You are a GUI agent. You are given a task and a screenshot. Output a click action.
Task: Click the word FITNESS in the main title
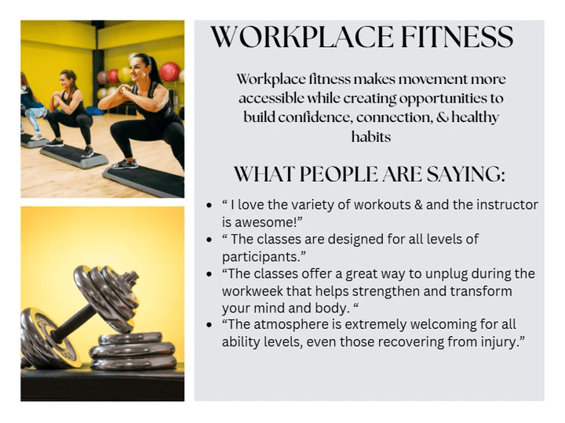457,37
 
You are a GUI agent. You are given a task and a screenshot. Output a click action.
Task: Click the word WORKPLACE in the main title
301,37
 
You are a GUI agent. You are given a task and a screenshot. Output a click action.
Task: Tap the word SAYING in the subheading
466,175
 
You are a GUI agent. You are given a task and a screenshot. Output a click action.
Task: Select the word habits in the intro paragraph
370,136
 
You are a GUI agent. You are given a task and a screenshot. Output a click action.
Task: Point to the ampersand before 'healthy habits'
443,117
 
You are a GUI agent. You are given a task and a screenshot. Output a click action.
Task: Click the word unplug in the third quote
446,274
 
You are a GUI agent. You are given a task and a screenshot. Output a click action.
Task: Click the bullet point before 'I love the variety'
209,205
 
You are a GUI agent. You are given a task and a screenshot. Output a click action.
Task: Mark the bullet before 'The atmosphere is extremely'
209,325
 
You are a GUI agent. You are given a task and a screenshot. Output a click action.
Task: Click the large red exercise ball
169,71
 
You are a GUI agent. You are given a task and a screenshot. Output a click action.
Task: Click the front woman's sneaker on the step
125,164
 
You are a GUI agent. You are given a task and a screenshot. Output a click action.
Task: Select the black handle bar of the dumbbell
71,322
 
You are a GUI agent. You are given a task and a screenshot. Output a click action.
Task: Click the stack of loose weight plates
133,351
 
